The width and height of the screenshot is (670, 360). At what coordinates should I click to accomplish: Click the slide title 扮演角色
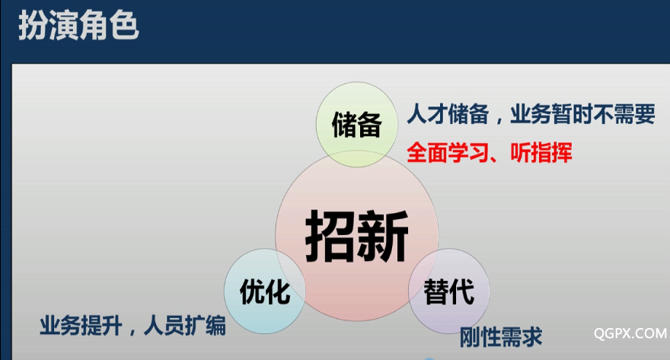pyautogui.click(x=78, y=26)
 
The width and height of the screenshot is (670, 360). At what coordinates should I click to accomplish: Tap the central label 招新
pyautogui.click(x=357, y=236)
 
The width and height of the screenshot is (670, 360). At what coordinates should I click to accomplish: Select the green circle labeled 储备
pyautogui.click(x=357, y=124)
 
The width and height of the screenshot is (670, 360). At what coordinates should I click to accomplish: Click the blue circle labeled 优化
pyautogui.click(x=265, y=291)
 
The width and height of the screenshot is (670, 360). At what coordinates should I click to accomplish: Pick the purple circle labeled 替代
pyautogui.click(x=449, y=291)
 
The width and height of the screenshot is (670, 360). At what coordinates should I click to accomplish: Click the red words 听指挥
pyautogui.click(x=541, y=153)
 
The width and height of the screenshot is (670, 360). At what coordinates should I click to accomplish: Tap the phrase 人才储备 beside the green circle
pyautogui.click(x=448, y=114)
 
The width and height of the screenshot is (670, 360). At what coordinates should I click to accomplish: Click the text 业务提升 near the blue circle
pyautogui.click(x=81, y=326)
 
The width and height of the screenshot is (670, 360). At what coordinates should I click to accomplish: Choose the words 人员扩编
pyautogui.click(x=184, y=326)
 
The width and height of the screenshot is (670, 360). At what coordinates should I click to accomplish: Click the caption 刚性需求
pyautogui.click(x=501, y=337)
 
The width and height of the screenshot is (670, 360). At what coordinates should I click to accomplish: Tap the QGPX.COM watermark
pyautogui.click(x=630, y=333)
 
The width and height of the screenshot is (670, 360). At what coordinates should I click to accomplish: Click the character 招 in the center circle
pyautogui.click(x=330, y=236)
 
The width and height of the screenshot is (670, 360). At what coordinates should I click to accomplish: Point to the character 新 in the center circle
pyautogui.click(x=383, y=236)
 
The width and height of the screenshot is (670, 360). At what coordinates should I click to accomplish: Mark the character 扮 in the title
pyautogui.click(x=33, y=26)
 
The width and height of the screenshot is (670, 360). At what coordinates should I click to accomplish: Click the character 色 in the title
pyautogui.click(x=124, y=26)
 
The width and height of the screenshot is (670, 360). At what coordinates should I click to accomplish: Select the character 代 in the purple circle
pyautogui.click(x=462, y=292)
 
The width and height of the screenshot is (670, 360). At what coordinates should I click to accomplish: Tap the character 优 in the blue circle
pyautogui.click(x=252, y=292)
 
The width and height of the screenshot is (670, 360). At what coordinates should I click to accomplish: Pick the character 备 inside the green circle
pyautogui.click(x=369, y=125)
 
